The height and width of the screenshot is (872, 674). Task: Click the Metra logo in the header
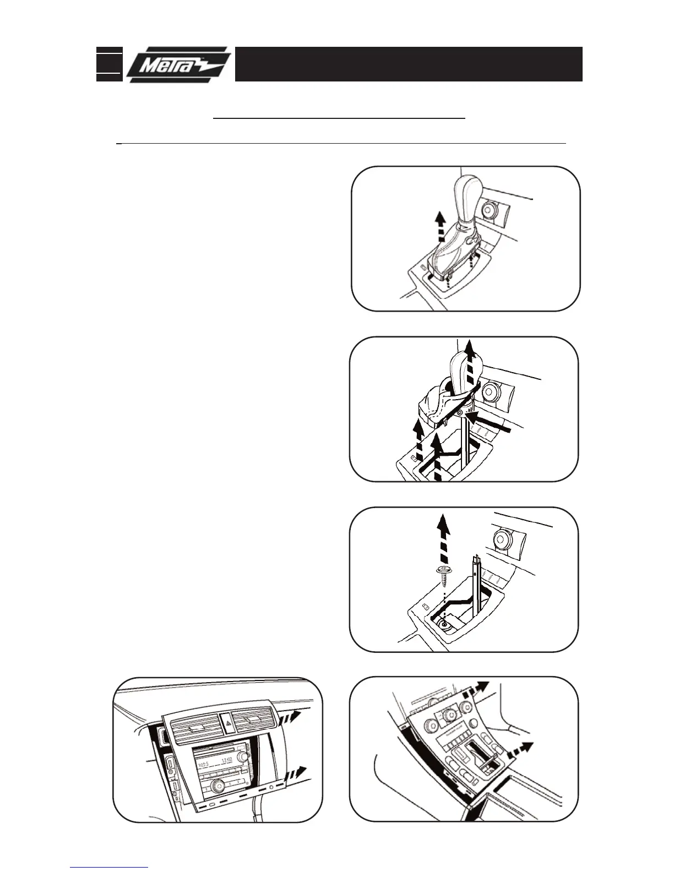[x=177, y=64]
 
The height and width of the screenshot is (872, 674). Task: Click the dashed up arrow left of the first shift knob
[x=439, y=227]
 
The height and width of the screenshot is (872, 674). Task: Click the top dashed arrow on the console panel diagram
[x=477, y=688]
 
